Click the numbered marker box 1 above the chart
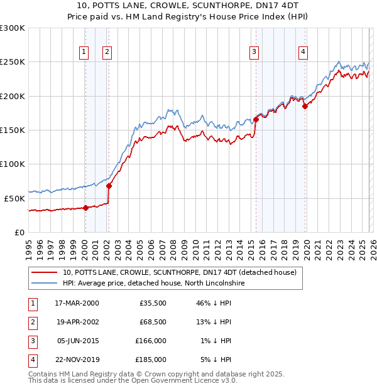pos(84,52)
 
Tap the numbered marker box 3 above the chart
pos(254,52)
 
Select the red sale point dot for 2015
pos(256,119)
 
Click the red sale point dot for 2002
pos(109,186)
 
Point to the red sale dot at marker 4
pos(305,107)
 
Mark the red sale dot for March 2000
pos(85,208)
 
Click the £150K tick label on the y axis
pos(12,130)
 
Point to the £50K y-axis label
pos(14,198)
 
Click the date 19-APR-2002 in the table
pos(77,322)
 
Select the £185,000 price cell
pos(150,360)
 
